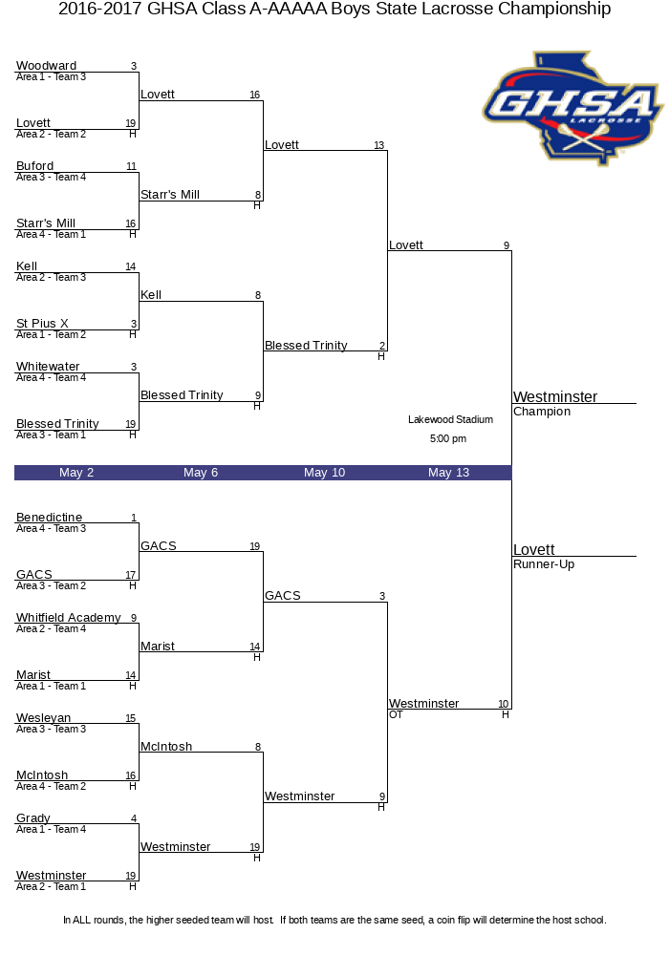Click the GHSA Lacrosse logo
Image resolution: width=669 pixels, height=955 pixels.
pos(572,109)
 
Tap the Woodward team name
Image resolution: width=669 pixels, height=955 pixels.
pos(46,65)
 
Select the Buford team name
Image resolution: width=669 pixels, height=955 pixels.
pos(34,165)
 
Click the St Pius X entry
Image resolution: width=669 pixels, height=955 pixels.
pos(42,324)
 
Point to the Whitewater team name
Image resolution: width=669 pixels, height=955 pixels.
pos(48,366)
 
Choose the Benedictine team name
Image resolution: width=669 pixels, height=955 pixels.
pos(50,517)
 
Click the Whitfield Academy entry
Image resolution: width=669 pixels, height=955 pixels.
pos(68,618)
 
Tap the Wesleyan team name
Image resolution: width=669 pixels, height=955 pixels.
pos(44,718)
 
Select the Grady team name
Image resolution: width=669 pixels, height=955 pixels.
pos(33,818)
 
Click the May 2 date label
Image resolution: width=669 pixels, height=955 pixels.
pos(76,473)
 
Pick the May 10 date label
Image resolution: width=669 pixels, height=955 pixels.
pos(325,473)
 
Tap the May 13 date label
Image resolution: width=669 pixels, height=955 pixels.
pos(449,473)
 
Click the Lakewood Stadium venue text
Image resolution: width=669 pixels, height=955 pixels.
pos(451,419)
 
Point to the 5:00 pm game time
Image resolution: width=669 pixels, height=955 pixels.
pos(448,438)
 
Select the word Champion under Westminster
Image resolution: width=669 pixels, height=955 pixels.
pos(542,412)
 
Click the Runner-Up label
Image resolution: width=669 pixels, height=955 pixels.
pos(544,564)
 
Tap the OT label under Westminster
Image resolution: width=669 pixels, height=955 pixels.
pos(396,714)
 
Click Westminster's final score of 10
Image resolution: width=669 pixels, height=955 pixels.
pos(504,704)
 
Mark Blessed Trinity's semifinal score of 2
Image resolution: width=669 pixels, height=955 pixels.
pos(382,346)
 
